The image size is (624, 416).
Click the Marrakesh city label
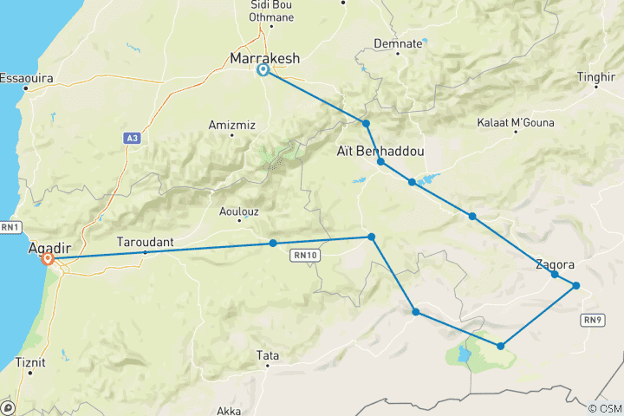[264, 58]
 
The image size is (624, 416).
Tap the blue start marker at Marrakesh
[263, 71]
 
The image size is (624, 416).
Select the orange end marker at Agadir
[49, 258]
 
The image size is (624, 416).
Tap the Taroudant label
[145, 244]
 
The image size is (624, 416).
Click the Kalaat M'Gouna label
[516, 123]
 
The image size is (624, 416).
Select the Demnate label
[398, 42]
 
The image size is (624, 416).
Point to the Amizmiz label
[232, 125]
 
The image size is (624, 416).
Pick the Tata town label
[268, 355]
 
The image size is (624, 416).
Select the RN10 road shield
[302, 255]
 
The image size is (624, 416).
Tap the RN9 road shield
[593, 320]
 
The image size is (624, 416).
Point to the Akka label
[229, 411]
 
